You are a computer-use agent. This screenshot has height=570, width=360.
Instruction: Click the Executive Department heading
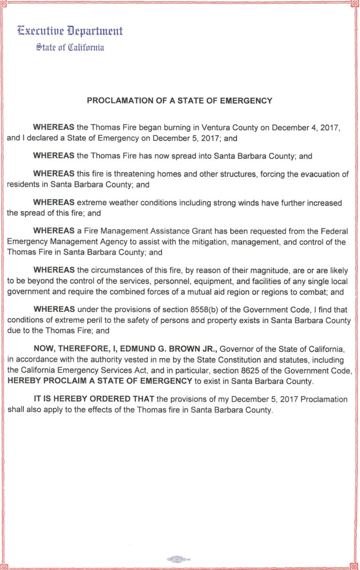tap(70, 31)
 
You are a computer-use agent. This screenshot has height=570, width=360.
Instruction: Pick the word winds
tap(265, 203)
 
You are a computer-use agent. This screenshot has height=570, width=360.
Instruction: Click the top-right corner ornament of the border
tap(355, 4)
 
